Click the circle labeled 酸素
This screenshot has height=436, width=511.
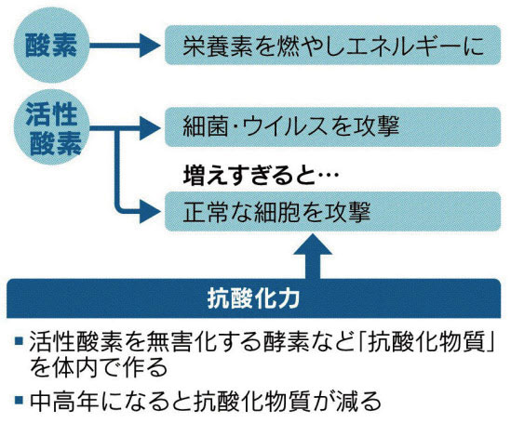[51, 46]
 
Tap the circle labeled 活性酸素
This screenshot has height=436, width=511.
[51, 127]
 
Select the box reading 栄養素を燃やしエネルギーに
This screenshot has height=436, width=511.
[332, 46]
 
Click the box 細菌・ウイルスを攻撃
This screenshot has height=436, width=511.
[332, 127]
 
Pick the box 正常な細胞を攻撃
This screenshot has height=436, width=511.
[332, 212]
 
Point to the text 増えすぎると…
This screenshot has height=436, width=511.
[262, 176]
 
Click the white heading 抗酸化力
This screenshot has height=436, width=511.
[253, 298]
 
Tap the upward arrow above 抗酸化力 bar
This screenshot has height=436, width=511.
[313, 256]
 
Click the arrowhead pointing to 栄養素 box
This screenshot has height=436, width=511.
[150, 46]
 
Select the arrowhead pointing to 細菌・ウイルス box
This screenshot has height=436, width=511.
[150, 127]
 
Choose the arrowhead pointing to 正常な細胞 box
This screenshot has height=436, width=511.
[150, 212]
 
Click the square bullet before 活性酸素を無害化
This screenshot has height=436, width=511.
[19, 341]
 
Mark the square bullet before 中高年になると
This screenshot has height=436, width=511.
[19, 400]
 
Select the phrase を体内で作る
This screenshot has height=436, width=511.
[99, 367]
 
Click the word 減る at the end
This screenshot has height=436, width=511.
[358, 401]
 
